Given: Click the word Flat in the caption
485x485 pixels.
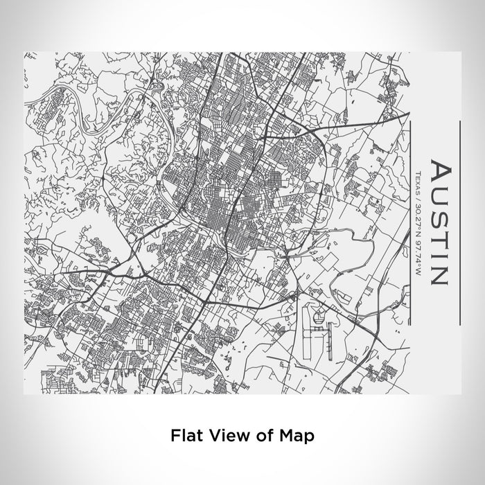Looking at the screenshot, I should click(185, 436).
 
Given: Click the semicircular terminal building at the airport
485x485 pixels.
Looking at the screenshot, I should click(319, 318).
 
